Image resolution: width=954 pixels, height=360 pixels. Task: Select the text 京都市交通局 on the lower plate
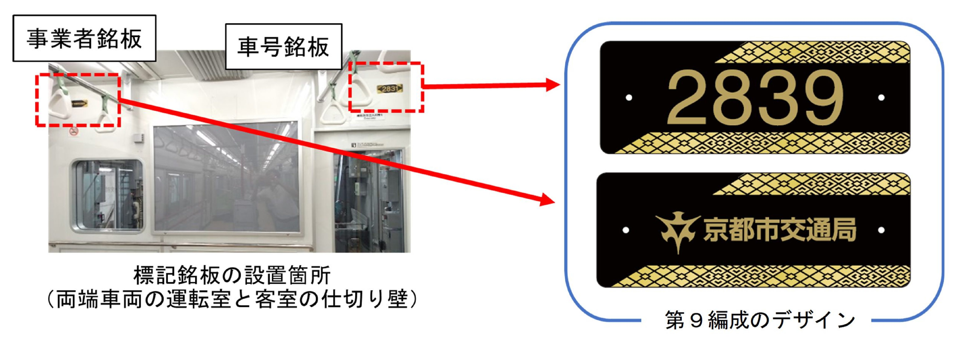(x=780, y=230)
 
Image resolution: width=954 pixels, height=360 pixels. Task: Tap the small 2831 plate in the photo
(x=390, y=88)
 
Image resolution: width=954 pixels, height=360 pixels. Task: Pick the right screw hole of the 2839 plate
(x=881, y=98)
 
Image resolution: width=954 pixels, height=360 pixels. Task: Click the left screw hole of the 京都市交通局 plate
(x=626, y=230)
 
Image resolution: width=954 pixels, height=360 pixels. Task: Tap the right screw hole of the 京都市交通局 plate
(x=881, y=230)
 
